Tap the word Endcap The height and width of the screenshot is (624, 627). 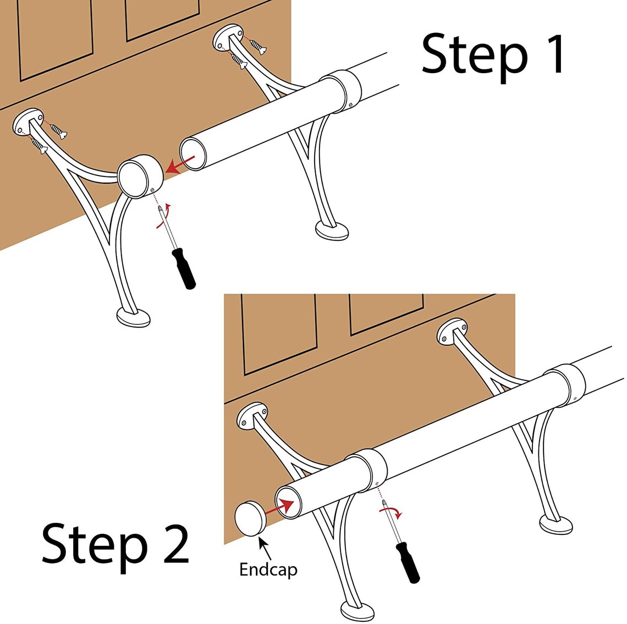pos(268,569)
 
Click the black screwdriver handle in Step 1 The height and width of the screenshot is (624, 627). pos(184,268)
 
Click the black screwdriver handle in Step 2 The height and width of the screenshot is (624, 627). pos(408,562)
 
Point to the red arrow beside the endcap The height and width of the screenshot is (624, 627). pos(278,507)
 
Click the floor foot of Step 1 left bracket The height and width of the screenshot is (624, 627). pos(134,317)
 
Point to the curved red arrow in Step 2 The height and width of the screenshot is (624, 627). pos(392,512)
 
